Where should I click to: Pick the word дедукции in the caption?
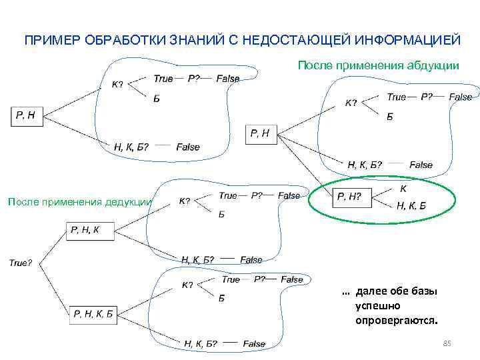pyautogui.click(x=129, y=202)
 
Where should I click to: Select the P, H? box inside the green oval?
pyautogui.click(x=349, y=196)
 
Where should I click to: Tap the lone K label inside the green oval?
pyautogui.click(x=403, y=189)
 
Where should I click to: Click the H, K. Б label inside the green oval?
pyautogui.click(x=411, y=205)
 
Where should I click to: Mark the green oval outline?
pyautogui.click(x=309, y=203)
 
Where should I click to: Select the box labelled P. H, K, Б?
pyautogui.click(x=93, y=313)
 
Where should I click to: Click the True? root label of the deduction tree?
pyautogui.click(x=20, y=263)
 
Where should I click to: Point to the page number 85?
pyautogui.click(x=447, y=343)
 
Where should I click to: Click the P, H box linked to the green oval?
pyautogui.click(x=260, y=134)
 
